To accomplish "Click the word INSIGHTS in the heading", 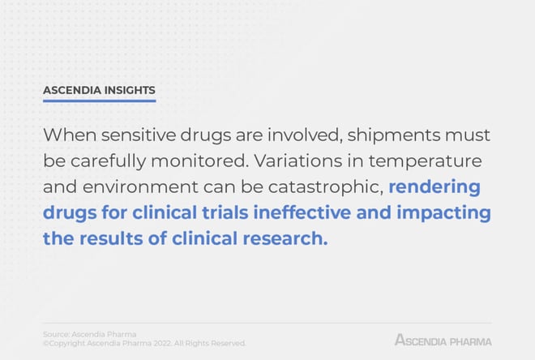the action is tap(130, 90).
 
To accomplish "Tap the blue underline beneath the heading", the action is tap(99, 101).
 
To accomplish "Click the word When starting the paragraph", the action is tap(70, 135).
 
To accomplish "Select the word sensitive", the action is tap(138, 135).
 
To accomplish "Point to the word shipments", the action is tap(394, 135).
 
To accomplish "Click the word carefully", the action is tap(108, 161).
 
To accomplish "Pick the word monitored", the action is tap(199, 161).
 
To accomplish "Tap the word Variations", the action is tap(297, 161).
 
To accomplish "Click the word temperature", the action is tap(425, 161).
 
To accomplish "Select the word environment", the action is tap(140, 187).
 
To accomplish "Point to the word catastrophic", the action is tap(326, 187).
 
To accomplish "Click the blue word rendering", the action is tap(434, 187).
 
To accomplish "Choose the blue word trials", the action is tap(225, 212).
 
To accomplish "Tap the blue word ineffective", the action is tap(302, 212).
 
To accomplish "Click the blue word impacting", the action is tap(443, 213).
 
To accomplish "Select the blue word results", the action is tap(111, 238).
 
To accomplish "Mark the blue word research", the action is tap(285, 238).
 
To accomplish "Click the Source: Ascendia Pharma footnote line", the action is tap(90, 334).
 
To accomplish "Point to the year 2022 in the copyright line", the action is tap(162, 343).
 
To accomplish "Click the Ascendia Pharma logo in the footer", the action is tap(443, 341).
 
